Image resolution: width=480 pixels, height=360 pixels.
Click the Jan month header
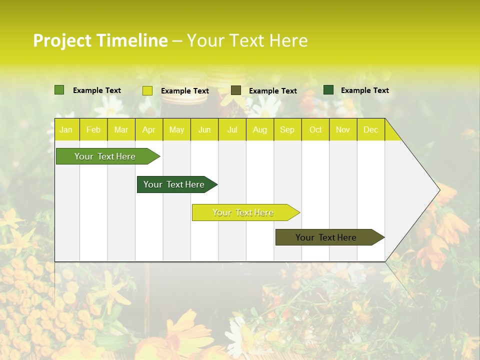click(66, 130)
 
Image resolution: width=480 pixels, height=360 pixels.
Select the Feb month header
click(93, 130)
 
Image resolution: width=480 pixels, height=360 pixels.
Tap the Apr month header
click(149, 130)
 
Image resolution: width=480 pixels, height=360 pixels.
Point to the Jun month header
click(204, 130)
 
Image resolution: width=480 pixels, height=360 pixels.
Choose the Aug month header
click(260, 130)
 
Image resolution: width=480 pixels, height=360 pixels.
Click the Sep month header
click(287, 130)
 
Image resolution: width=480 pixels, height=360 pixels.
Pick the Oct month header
click(315, 130)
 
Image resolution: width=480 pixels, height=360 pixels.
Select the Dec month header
click(371, 130)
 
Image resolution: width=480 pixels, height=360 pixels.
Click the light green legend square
click(59, 90)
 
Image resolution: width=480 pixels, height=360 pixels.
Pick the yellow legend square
click(147, 90)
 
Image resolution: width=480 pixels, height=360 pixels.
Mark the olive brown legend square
click(236, 90)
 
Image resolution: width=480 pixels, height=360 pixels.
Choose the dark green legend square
click(328, 90)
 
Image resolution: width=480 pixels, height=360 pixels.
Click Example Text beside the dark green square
click(365, 90)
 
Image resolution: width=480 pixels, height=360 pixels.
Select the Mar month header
click(121, 130)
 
